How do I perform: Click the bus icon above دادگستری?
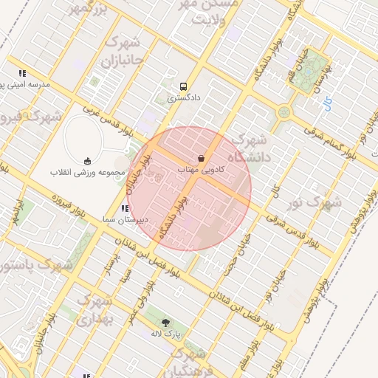click(183, 85)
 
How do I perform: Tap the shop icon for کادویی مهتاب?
click(201, 158)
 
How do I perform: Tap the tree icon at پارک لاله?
click(165, 323)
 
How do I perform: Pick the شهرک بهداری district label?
click(94, 310)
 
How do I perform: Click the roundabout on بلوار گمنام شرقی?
click(284, 113)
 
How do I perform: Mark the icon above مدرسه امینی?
click(23, 74)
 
